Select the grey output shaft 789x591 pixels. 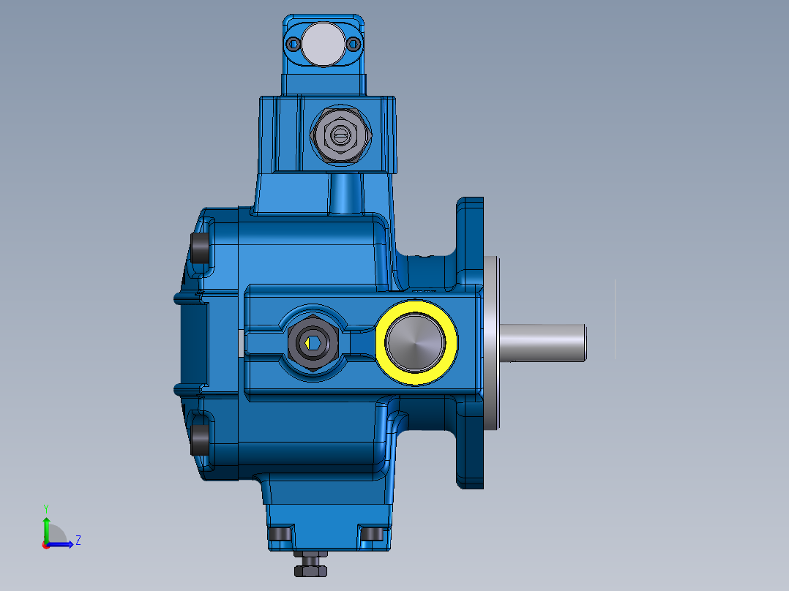[x=546, y=342]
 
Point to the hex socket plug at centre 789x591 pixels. [x=311, y=342]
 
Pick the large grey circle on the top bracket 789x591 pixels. [x=322, y=43]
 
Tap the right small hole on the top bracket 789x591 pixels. [x=354, y=44]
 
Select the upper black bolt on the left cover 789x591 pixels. [x=198, y=248]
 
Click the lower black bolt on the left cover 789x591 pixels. [x=198, y=438]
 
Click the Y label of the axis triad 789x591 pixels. [x=46, y=508]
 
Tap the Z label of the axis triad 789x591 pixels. [x=78, y=541]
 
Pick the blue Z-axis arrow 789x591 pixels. [x=63, y=543]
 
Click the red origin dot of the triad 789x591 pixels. [x=45, y=544]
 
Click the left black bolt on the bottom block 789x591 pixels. [x=280, y=534]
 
